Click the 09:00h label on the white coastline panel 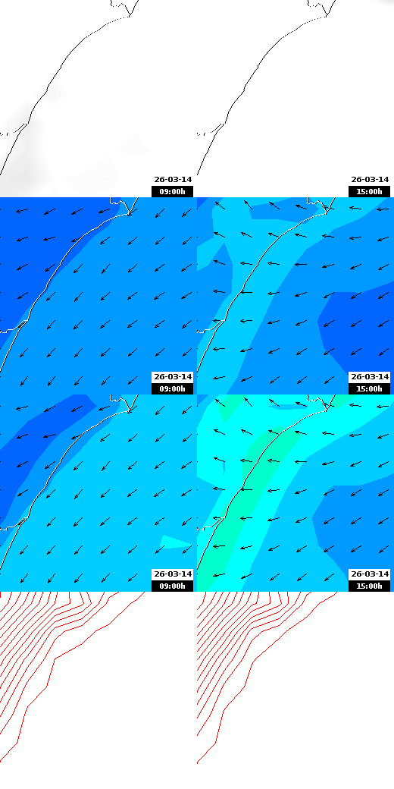172,192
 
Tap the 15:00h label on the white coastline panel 369,192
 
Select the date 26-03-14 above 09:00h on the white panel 173,180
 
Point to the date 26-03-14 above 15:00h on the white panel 369,180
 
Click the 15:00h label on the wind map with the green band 369,586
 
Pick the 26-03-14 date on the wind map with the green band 369,574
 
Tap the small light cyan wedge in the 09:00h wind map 176,541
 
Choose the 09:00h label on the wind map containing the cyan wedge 172,586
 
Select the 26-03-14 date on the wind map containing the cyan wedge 173,574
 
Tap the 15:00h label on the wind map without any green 369,388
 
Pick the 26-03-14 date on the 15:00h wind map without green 369,377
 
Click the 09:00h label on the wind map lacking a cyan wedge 172,388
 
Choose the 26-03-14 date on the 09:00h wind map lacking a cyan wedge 173,377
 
